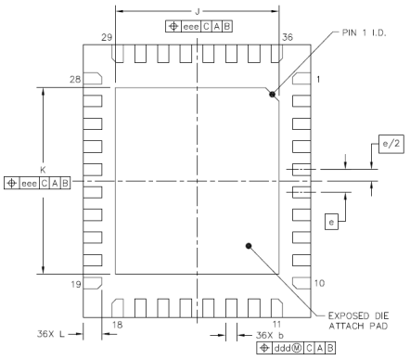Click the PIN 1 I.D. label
(364, 32)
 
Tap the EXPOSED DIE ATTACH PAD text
(358, 321)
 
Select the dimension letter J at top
(198, 12)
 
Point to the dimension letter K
(43, 170)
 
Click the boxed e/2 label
(391, 144)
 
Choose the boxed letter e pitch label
(331, 222)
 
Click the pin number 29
(107, 37)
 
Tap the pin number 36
(288, 37)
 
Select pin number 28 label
(75, 80)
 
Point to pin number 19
(76, 284)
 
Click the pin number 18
(118, 325)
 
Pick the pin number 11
(276, 324)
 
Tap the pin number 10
(320, 283)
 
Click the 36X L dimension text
(51, 334)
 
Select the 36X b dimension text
(270, 335)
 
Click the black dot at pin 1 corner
(272, 95)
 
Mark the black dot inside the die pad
(249, 246)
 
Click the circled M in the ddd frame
(297, 348)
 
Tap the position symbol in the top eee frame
(173, 26)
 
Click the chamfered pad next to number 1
(301, 79)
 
